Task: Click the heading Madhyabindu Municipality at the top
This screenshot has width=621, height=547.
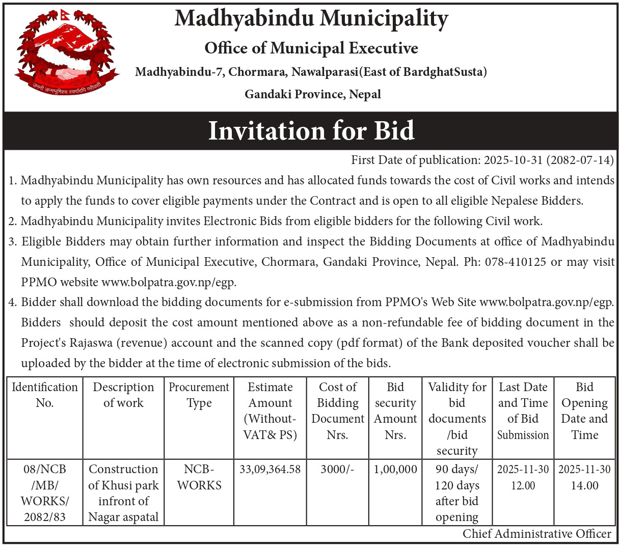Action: click(x=311, y=18)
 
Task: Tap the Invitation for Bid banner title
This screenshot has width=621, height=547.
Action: click(x=311, y=130)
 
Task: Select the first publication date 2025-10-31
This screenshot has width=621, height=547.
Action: click(x=513, y=160)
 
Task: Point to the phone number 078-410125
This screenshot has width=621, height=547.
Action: click(x=516, y=262)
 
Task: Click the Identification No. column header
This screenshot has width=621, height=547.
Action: click(x=45, y=395)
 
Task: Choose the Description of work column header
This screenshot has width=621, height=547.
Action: click(x=123, y=395)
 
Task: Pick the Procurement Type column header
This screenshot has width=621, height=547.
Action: click(x=199, y=395)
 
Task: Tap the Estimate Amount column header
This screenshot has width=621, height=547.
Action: click(x=270, y=411)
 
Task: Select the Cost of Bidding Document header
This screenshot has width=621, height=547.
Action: click(x=338, y=411)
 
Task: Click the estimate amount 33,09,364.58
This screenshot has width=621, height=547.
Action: click(x=270, y=469)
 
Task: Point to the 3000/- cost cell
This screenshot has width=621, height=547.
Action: click(x=337, y=469)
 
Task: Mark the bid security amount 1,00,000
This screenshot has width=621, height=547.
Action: click(x=395, y=469)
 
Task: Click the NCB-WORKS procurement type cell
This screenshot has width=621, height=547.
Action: click(x=199, y=477)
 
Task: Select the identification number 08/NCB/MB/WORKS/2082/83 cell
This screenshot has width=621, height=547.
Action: click(x=45, y=493)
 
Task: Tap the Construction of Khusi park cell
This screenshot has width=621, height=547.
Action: click(x=123, y=493)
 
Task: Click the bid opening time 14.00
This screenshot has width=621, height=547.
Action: click(x=584, y=485)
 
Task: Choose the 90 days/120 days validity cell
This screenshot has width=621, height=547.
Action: click(x=457, y=493)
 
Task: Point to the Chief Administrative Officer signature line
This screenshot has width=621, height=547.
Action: click(x=536, y=534)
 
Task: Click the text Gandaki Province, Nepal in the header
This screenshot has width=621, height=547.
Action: click(x=313, y=94)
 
